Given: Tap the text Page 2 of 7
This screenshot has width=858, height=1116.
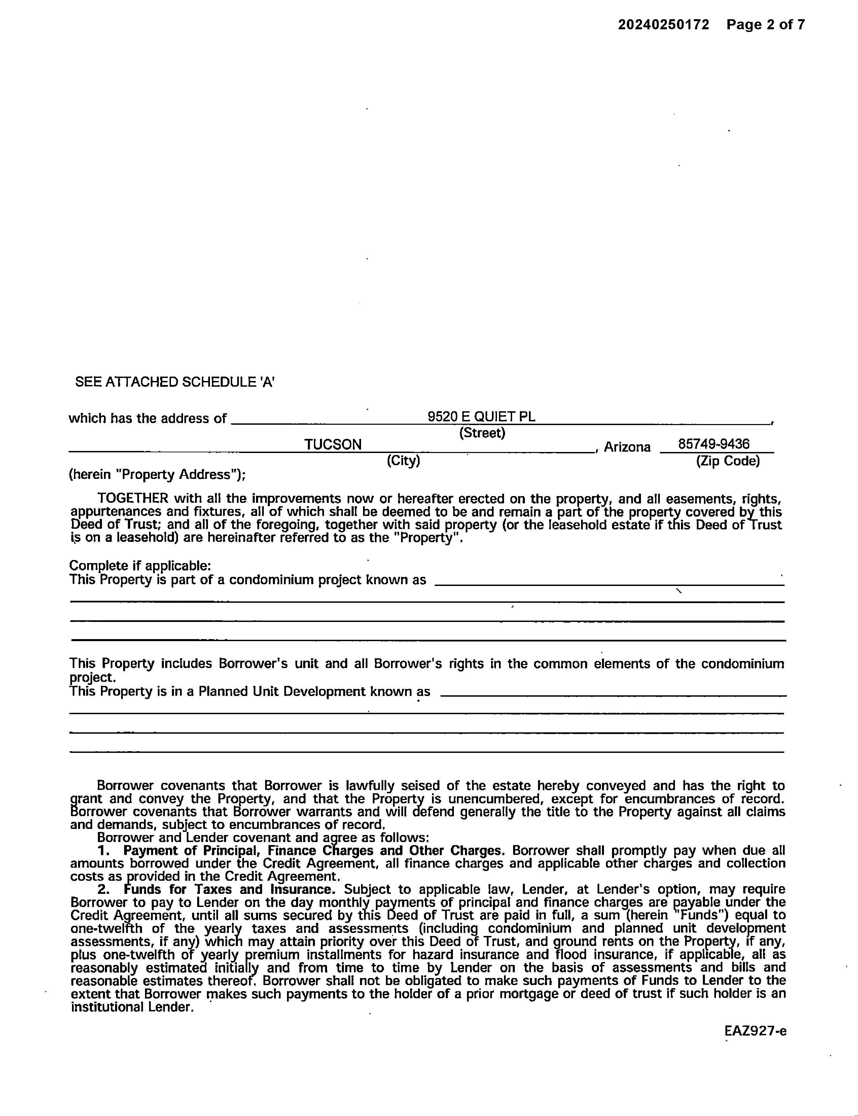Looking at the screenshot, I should point(765,25).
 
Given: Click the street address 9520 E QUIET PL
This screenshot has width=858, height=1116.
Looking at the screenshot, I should point(481,417).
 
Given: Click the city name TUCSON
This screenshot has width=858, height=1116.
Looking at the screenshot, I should point(333,445).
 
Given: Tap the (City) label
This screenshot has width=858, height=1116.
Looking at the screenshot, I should point(403,461).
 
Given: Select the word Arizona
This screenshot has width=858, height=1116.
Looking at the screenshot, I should point(627,447).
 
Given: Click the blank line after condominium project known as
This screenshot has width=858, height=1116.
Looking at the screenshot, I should point(609,584).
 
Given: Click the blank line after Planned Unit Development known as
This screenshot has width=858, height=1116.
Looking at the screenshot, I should point(613,695).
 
